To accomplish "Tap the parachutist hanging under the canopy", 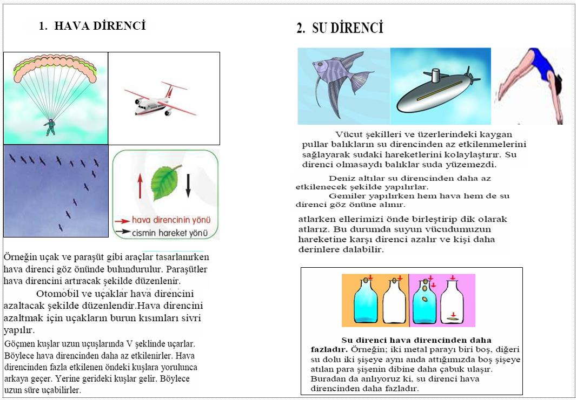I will (x=50, y=127).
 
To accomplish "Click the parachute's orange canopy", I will (x=52, y=65).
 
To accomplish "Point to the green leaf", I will (x=165, y=183).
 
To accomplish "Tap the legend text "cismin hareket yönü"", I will (x=171, y=233).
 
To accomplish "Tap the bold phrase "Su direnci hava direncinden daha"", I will (x=416, y=340).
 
